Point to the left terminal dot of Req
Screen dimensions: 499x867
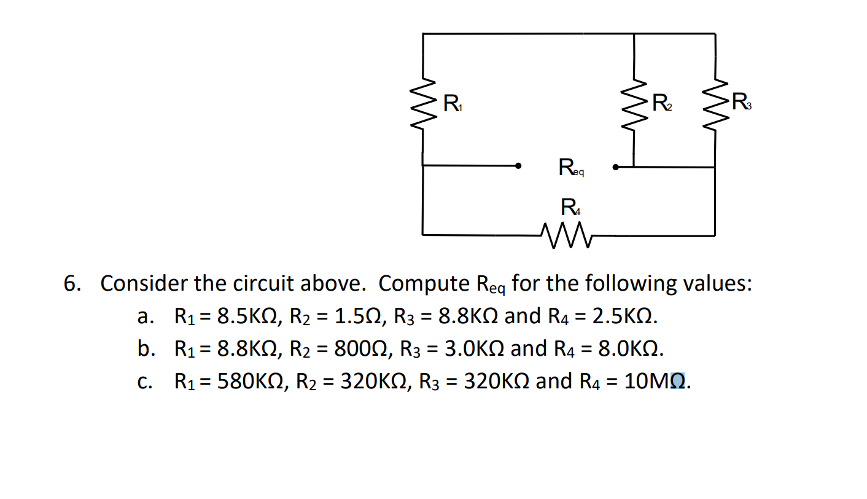(519, 166)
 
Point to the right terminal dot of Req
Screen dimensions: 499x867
(615, 166)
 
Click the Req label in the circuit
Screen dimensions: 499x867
(570, 168)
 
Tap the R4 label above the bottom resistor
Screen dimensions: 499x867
(570, 208)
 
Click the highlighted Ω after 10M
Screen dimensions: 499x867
(677, 382)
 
